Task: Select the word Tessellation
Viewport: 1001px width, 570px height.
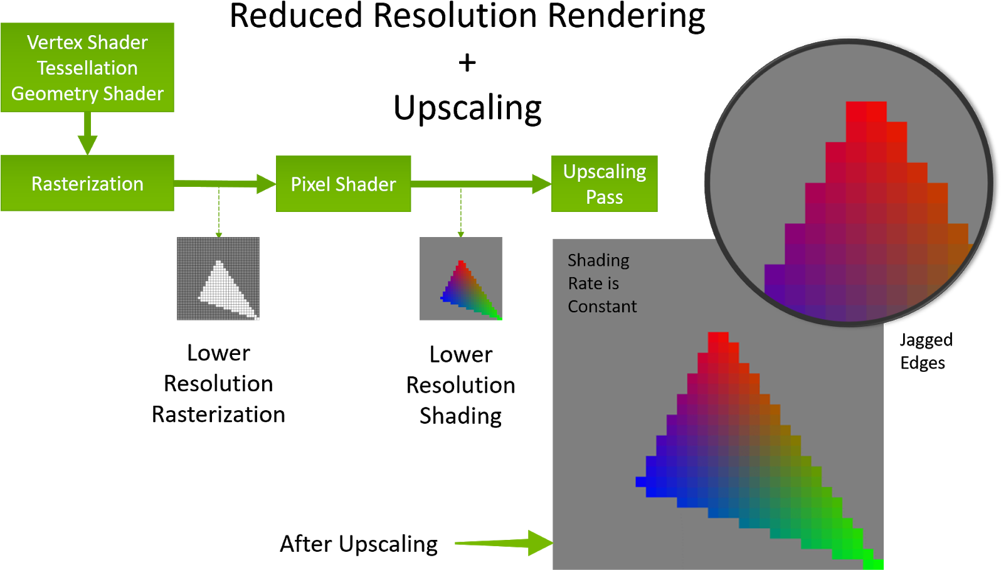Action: point(87,68)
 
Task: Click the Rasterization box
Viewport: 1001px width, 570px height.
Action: point(87,184)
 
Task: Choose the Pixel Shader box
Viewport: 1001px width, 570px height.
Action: point(343,184)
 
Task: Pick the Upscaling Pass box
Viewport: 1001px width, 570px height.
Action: point(604,184)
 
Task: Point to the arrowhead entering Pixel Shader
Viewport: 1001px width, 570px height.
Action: point(266,184)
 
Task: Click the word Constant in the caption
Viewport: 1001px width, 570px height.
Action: point(602,307)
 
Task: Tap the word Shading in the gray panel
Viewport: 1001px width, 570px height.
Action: point(598,260)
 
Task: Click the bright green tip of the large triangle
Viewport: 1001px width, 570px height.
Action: point(873,564)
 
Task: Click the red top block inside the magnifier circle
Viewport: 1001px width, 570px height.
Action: point(866,113)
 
